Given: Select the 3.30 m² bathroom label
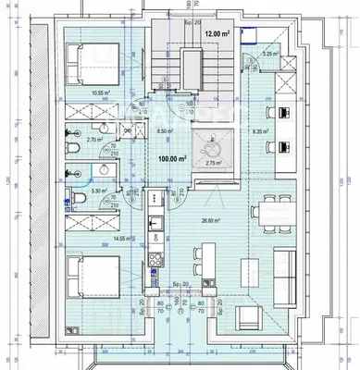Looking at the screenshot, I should point(97,191).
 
